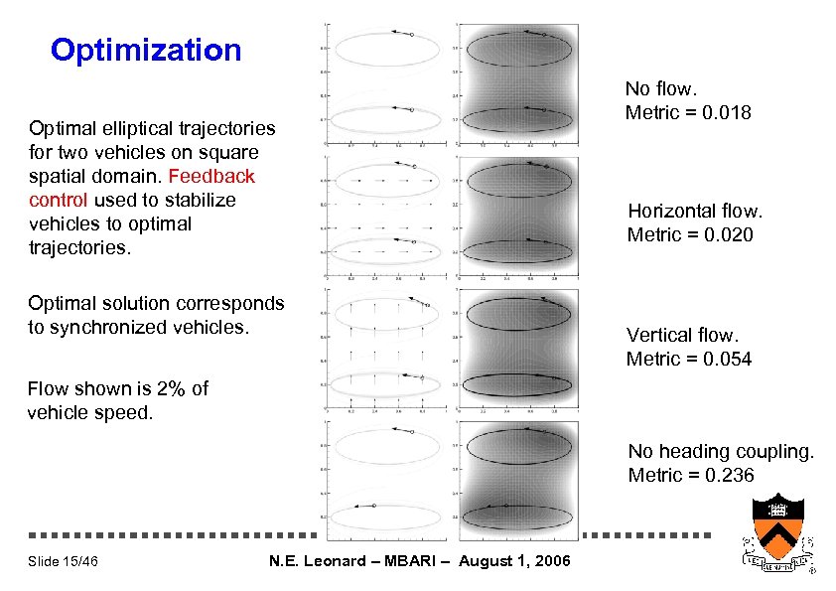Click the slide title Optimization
click(x=146, y=50)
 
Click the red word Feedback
click(x=212, y=176)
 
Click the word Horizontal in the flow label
click(x=675, y=211)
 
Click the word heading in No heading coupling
click(x=694, y=451)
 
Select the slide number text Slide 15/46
click(x=63, y=562)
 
